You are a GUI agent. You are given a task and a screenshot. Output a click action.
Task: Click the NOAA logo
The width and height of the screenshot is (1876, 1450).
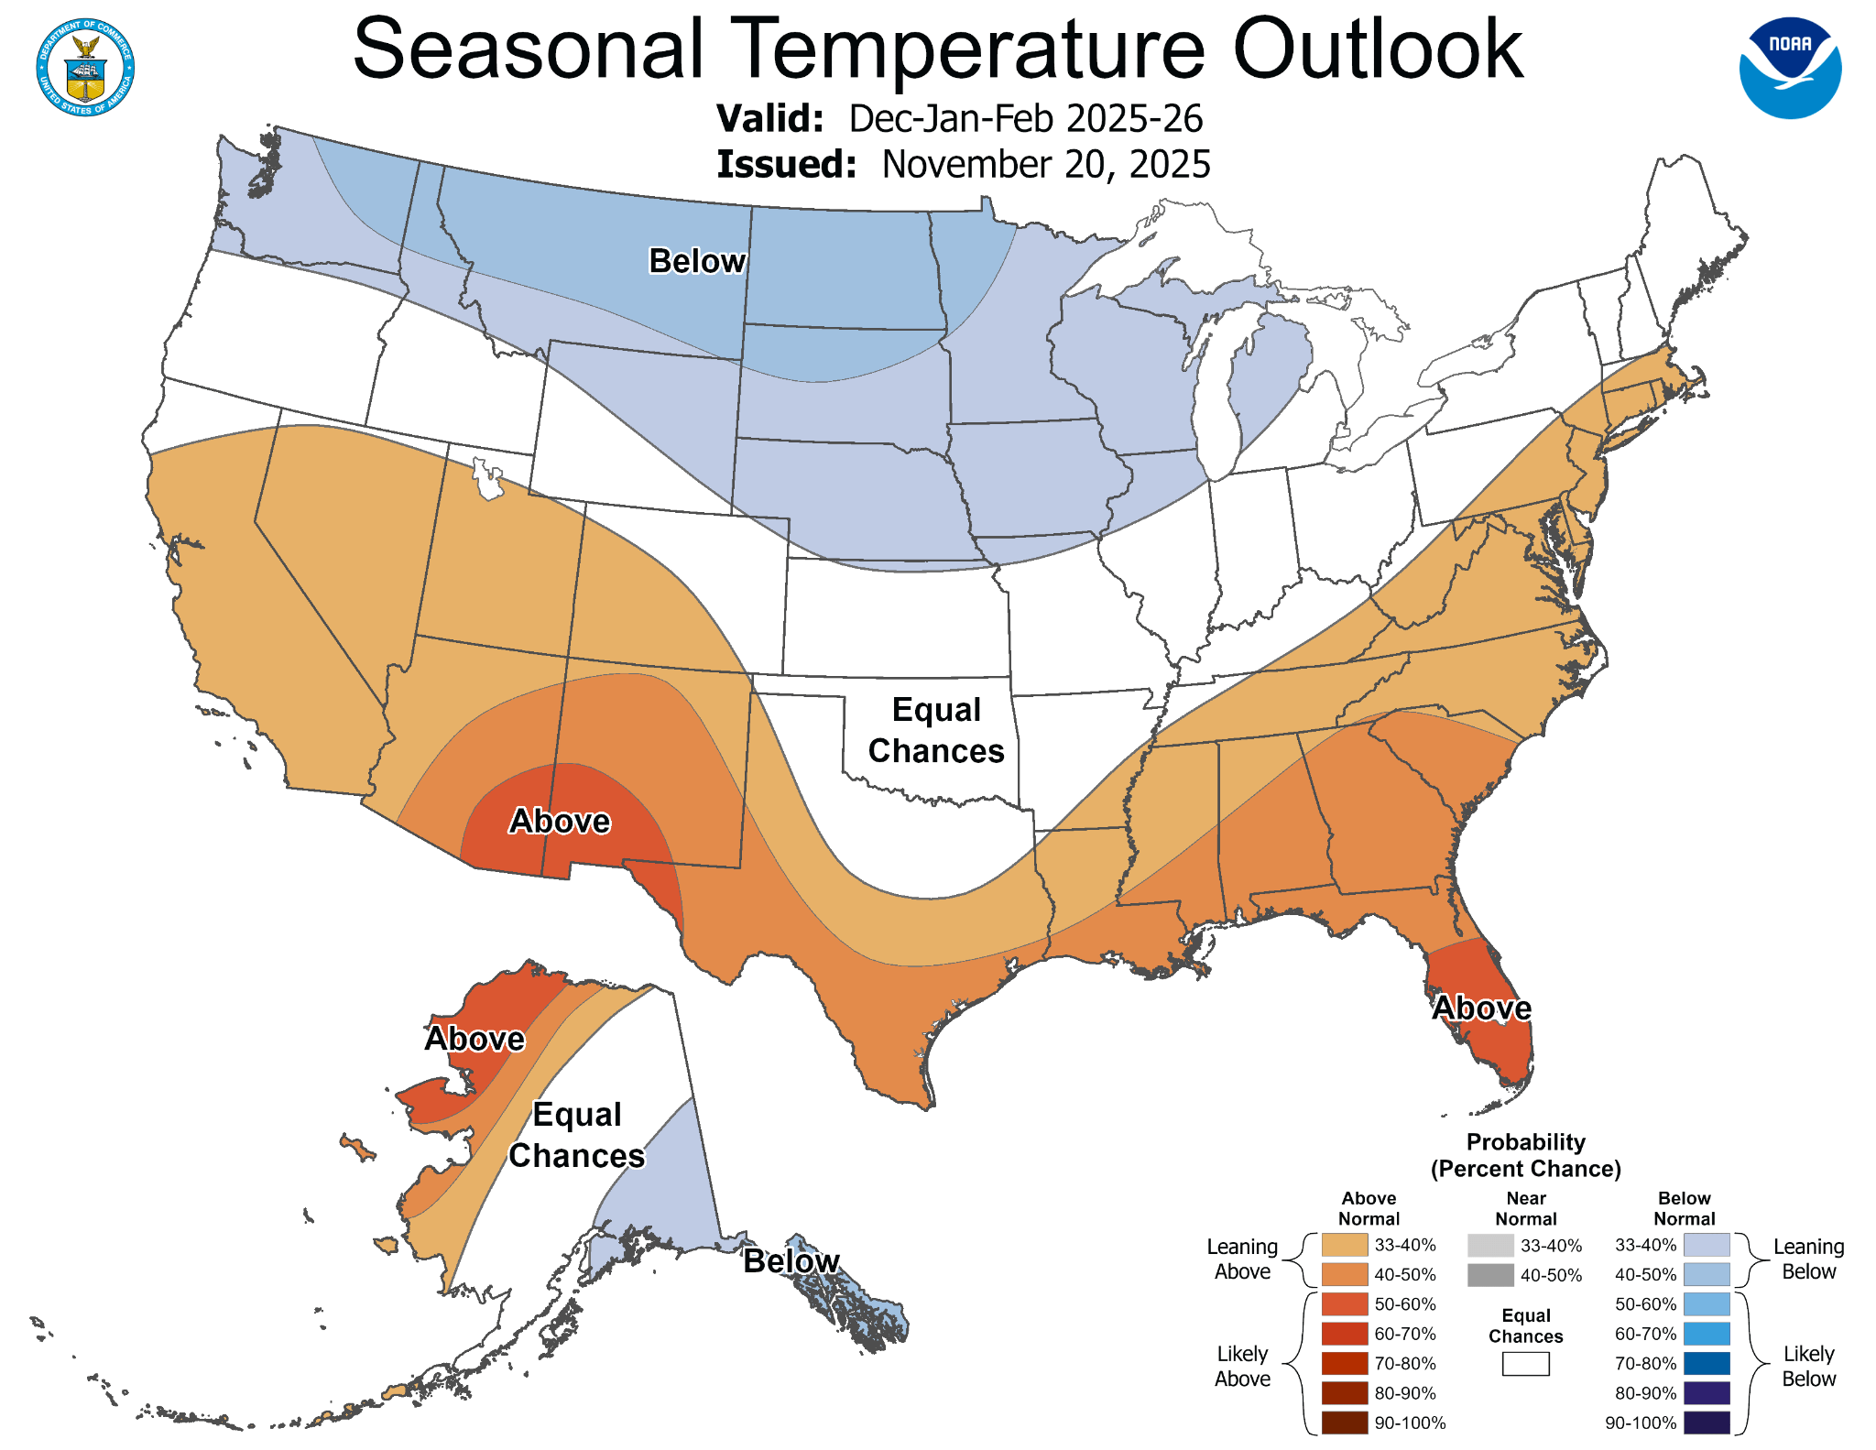click(x=1790, y=68)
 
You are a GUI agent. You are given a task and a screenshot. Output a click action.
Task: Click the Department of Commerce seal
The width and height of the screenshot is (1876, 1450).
click(x=86, y=68)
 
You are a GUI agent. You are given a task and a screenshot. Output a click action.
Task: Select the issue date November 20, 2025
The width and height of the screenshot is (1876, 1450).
click(x=1045, y=165)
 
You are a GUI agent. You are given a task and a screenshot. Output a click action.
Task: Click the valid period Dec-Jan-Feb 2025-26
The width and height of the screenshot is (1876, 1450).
click(x=1025, y=119)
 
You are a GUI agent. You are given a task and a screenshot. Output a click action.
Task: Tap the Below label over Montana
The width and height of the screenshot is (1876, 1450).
click(x=697, y=262)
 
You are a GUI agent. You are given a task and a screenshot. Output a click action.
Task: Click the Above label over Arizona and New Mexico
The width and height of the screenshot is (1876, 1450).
click(x=560, y=822)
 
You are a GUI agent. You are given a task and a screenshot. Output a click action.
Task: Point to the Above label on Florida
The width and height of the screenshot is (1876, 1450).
click(x=1481, y=1008)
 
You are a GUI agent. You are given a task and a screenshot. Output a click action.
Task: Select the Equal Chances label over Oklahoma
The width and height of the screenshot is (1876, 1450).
click(x=936, y=730)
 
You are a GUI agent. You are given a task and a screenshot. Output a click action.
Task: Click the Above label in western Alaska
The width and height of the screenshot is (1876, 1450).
click(x=474, y=1039)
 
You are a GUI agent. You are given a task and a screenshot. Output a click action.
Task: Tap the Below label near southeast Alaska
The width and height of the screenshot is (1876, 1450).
click(x=791, y=1261)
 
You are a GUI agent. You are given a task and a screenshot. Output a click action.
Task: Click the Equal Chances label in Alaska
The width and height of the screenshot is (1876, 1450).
click(x=577, y=1135)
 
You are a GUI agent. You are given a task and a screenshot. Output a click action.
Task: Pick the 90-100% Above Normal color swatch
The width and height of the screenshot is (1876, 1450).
click(x=1344, y=1423)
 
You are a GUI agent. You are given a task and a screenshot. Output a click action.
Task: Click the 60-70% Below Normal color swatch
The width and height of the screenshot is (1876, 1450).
click(x=1707, y=1334)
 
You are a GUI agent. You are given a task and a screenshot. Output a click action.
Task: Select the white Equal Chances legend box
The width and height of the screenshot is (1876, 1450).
click(x=1525, y=1364)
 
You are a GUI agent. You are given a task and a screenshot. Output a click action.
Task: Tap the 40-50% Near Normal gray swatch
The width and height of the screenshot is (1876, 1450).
click(x=1490, y=1275)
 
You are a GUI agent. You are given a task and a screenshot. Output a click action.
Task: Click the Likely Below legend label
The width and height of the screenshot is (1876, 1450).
click(x=1808, y=1366)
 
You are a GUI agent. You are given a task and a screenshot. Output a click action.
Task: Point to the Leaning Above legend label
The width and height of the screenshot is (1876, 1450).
click(x=1241, y=1259)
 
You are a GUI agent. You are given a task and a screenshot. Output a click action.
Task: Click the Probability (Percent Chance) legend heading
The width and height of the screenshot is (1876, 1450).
click(x=1525, y=1155)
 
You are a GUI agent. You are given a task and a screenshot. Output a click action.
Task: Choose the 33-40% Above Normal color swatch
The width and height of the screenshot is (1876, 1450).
click(x=1344, y=1245)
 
